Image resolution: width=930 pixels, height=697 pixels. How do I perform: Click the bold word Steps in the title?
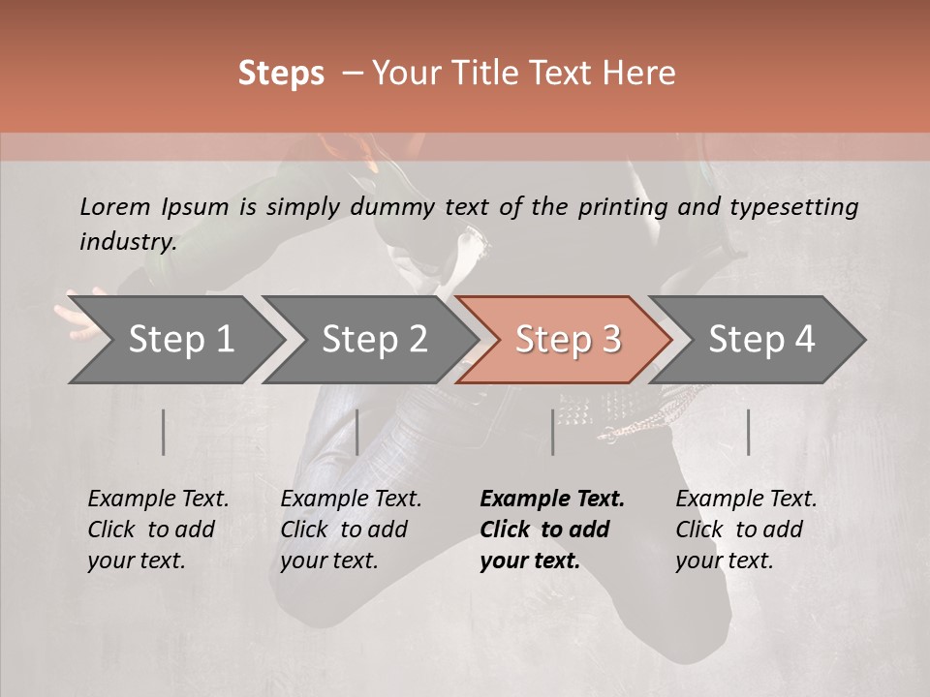pos(281,74)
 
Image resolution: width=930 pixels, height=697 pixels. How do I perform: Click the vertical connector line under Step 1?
pos(163,432)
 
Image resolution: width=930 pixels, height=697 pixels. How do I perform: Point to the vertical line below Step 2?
pos(357,432)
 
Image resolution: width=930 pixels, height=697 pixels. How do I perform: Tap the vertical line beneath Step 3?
pos(553,432)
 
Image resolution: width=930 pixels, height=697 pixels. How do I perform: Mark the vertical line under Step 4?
pos(748,432)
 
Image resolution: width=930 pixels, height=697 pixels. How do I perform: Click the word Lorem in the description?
pos(115,207)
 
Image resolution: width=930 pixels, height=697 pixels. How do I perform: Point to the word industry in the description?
pos(128,242)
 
